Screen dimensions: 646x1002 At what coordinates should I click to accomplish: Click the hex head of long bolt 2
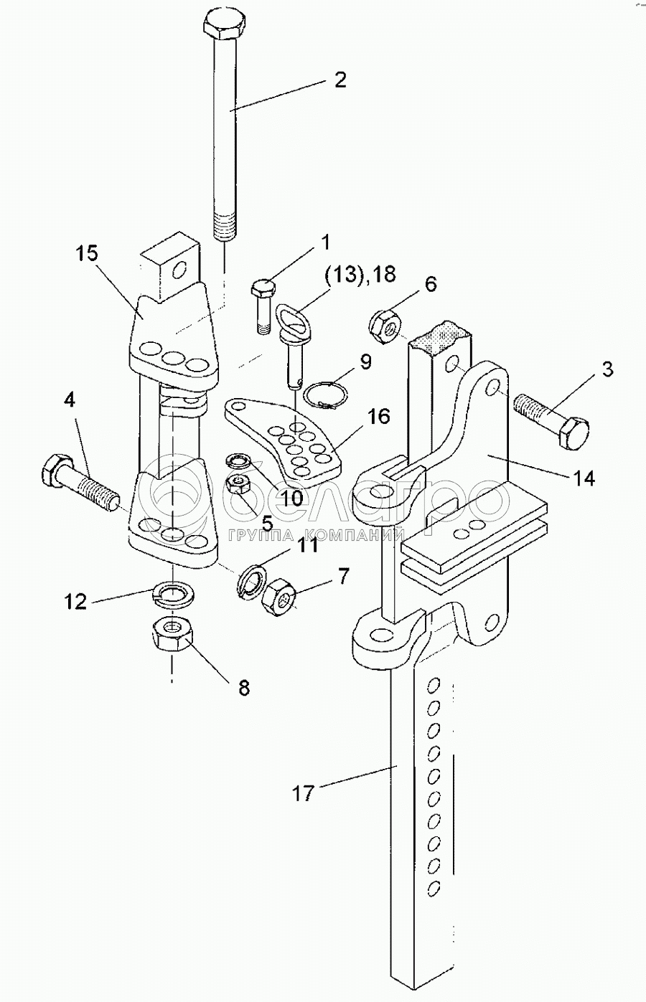tap(225, 27)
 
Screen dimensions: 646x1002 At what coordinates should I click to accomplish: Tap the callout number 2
tap(340, 80)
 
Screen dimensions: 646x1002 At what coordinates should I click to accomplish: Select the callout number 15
tap(86, 254)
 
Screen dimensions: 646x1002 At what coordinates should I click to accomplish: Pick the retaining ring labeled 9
tap(325, 393)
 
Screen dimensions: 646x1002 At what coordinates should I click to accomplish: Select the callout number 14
tap(584, 478)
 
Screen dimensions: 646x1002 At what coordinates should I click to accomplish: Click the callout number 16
tap(379, 416)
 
